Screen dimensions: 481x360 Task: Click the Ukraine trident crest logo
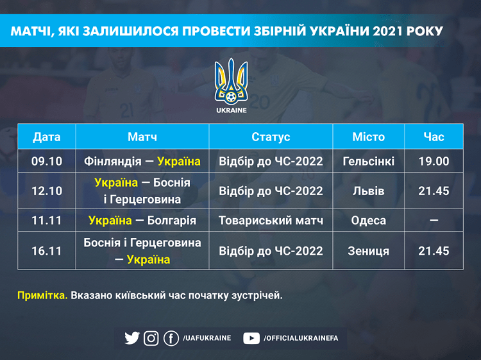point(231,81)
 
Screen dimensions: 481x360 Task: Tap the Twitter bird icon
point(132,338)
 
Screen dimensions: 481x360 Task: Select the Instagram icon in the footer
point(151,338)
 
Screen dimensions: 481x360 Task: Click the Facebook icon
point(171,338)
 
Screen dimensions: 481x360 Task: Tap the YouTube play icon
point(251,338)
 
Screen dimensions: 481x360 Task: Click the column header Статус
point(271,137)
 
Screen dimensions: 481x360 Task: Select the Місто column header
point(368,137)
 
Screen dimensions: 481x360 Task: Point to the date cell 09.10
point(47,161)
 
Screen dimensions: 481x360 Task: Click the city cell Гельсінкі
point(368,161)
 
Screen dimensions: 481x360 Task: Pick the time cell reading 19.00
point(434,161)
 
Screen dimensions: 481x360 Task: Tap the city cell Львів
point(368,191)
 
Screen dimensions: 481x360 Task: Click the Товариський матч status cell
point(271,220)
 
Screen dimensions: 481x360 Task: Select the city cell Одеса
point(368,220)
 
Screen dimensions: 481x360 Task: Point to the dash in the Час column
point(434,220)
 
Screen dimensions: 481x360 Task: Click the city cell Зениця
point(368,251)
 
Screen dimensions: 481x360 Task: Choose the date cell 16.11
point(47,251)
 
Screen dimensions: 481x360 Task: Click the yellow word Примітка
point(42,295)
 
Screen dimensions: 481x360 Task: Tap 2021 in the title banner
point(387,31)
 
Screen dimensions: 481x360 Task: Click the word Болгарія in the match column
point(171,220)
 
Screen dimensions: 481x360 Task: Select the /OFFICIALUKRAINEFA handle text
point(301,338)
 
